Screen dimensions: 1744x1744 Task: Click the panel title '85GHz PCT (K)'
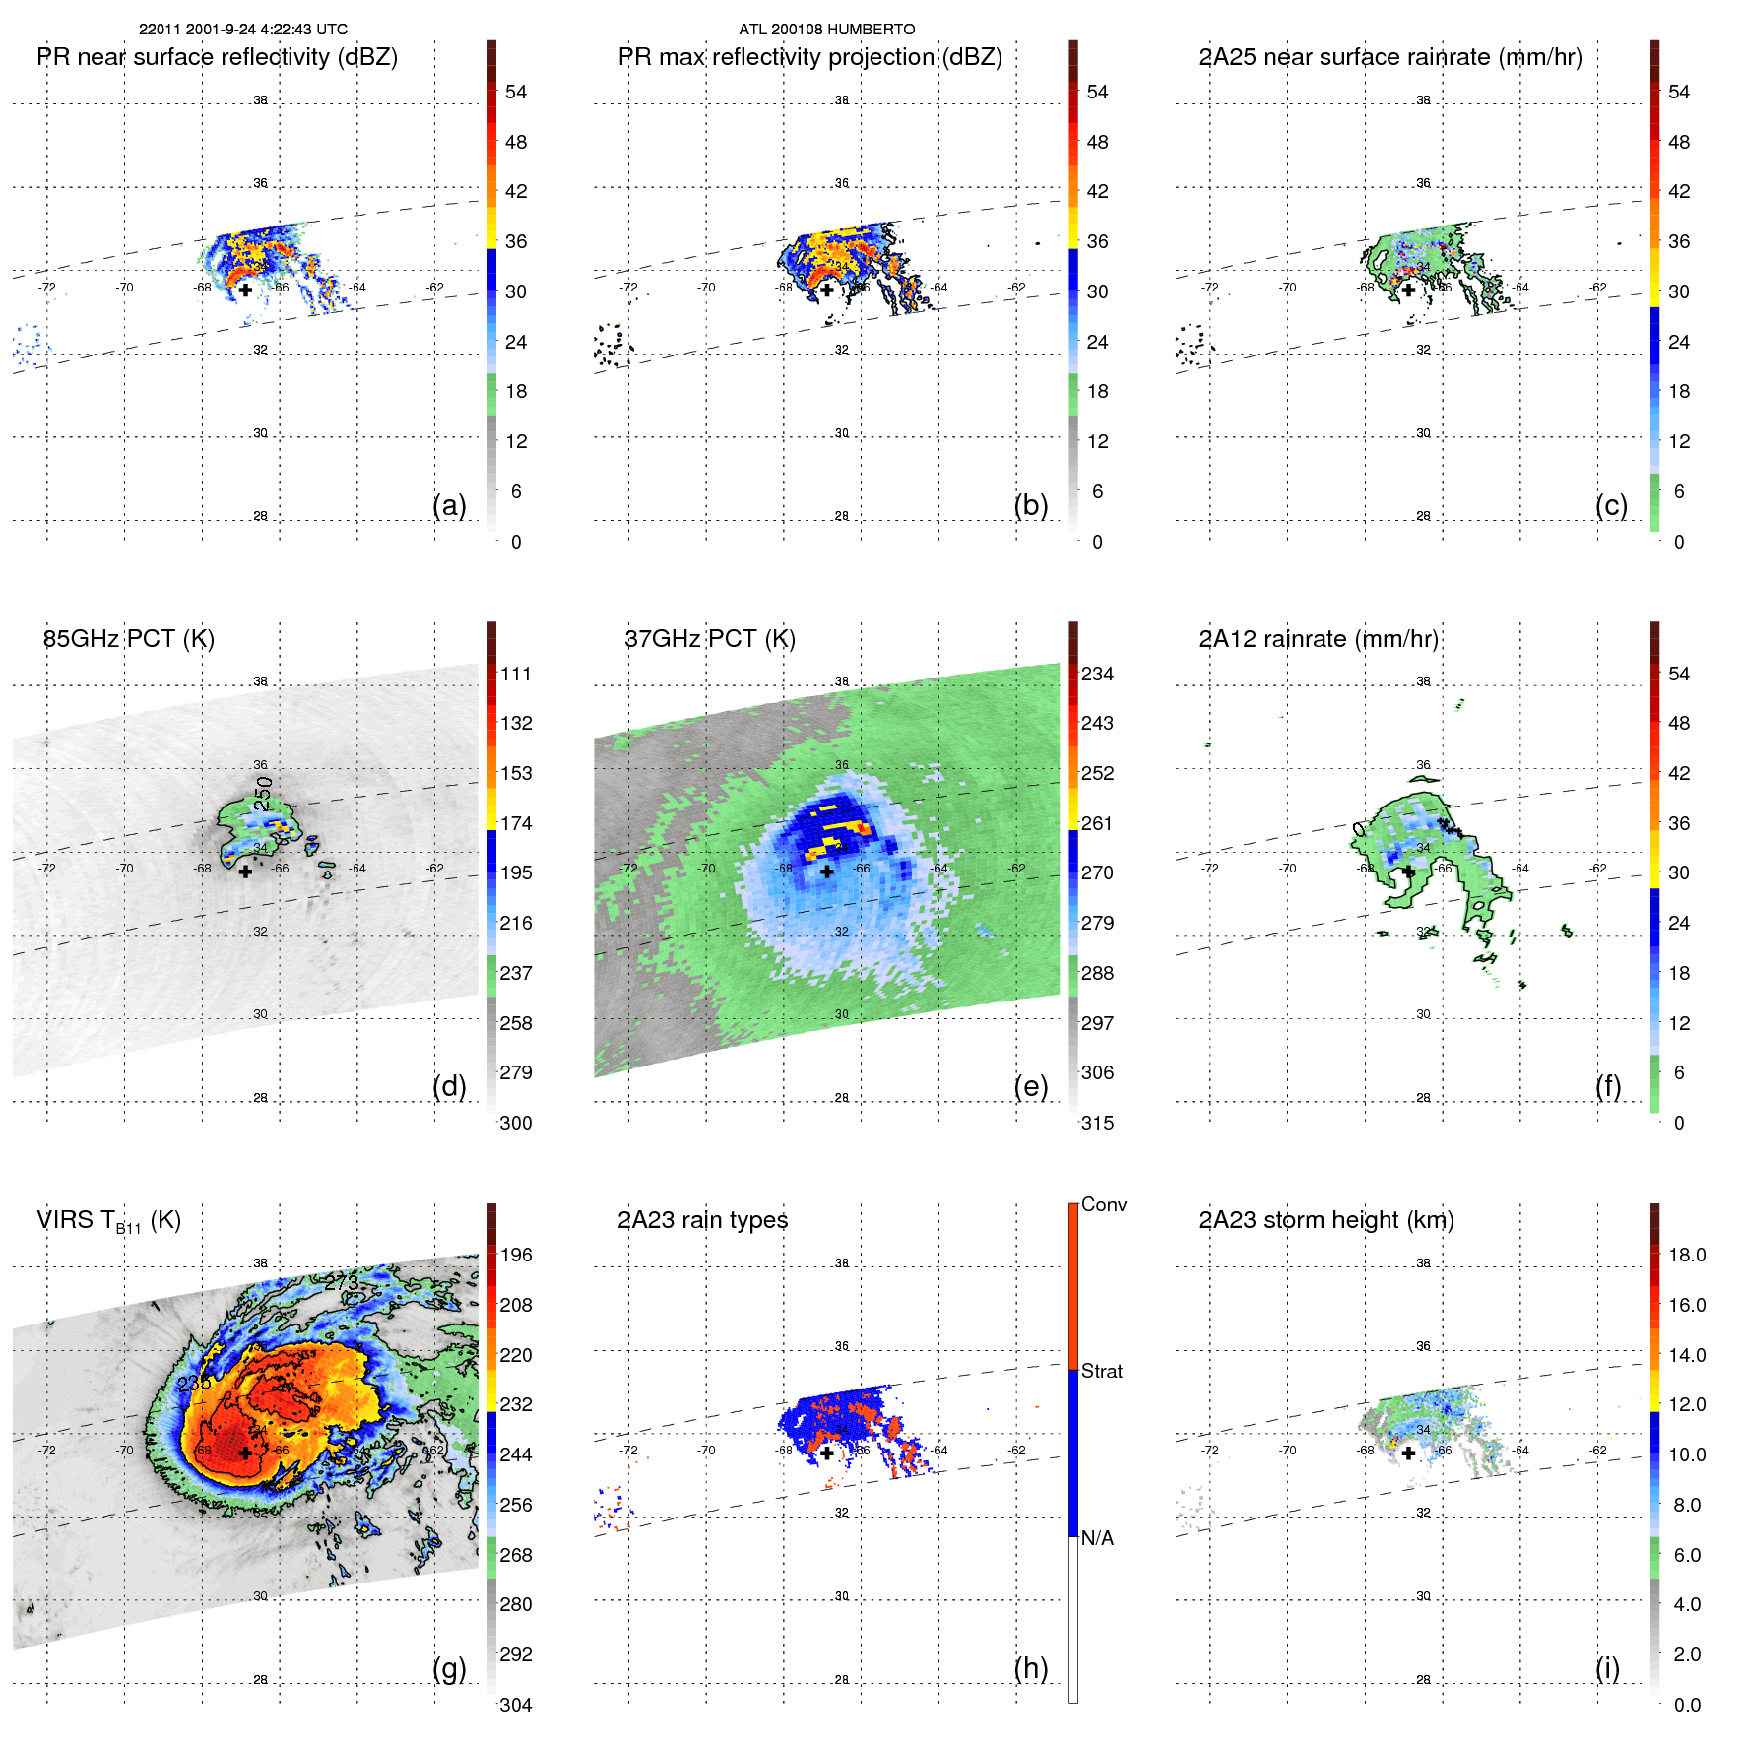(129, 639)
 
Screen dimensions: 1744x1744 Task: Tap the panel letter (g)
(449, 1668)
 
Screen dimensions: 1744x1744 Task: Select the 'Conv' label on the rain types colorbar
(1104, 1204)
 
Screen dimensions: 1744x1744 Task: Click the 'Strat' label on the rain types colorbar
(1102, 1371)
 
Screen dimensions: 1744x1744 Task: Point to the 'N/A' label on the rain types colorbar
(1098, 1538)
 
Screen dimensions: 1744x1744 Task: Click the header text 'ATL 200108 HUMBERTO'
(827, 30)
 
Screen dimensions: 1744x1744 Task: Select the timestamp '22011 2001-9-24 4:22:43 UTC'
(243, 30)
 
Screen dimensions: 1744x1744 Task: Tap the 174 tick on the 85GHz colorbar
(516, 823)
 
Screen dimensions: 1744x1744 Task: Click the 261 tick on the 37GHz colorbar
(1097, 823)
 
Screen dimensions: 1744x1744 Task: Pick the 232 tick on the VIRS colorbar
(516, 1404)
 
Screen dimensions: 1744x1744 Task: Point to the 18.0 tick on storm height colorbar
(1687, 1255)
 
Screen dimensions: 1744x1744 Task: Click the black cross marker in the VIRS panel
(245, 1453)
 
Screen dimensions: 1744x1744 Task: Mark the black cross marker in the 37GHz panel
(827, 872)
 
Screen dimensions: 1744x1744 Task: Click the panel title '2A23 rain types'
(703, 1220)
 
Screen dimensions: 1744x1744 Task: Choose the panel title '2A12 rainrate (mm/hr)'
(1319, 639)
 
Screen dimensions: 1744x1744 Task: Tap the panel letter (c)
(1611, 505)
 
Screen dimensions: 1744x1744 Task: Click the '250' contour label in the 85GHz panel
(263, 794)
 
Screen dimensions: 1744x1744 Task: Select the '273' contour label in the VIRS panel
(342, 1282)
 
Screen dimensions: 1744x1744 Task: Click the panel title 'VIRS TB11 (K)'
(109, 1221)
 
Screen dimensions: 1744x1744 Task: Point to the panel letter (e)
(1030, 1086)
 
